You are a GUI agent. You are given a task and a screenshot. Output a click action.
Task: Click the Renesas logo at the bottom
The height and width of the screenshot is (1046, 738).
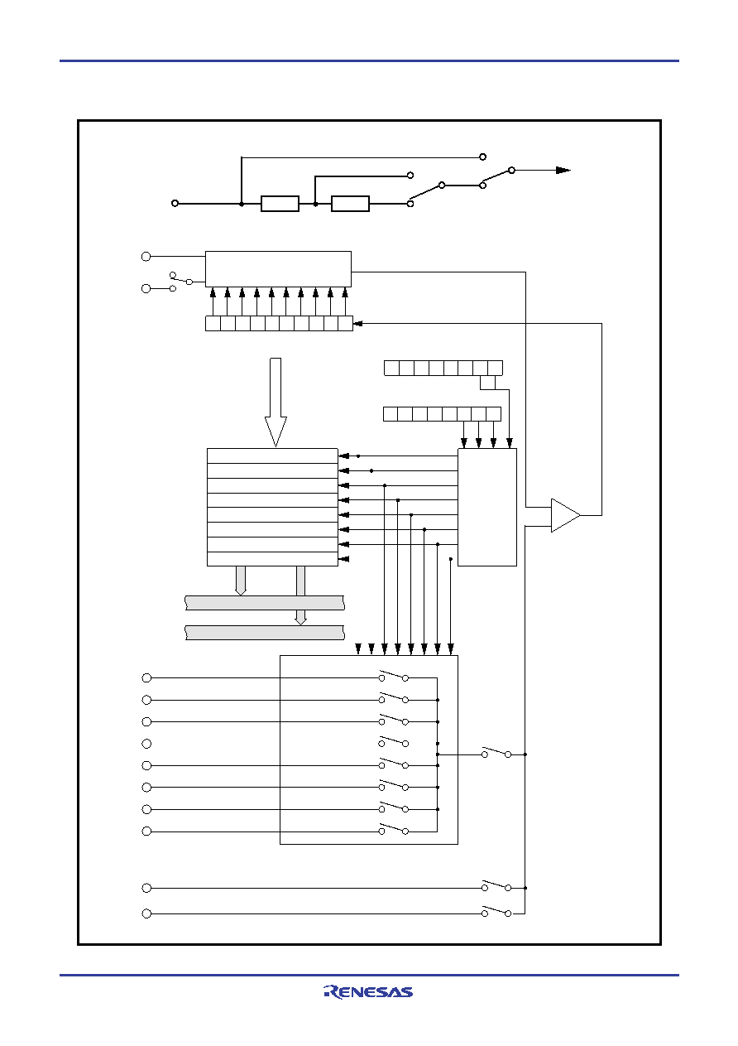point(368,991)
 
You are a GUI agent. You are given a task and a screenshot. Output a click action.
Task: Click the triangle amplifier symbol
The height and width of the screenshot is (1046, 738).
point(565,515)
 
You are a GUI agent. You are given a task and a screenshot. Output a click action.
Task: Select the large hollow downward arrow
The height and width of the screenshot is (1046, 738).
point(276,402)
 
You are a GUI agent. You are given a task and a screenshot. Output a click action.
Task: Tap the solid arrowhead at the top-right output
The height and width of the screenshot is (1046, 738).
point(563,171)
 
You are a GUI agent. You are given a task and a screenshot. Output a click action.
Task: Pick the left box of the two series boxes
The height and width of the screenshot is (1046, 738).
point(280,204)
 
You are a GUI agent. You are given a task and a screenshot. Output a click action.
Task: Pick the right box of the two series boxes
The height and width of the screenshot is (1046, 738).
point(350,204)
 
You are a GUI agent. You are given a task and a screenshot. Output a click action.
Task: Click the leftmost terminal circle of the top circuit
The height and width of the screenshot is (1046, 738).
point(175,203)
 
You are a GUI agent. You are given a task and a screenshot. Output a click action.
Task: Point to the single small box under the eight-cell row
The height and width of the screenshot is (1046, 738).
point(487,383)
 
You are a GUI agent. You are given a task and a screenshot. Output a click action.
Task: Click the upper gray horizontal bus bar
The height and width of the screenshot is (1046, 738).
point(265,603)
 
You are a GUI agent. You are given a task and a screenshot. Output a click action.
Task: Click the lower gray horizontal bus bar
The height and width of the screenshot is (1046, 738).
point(265,633)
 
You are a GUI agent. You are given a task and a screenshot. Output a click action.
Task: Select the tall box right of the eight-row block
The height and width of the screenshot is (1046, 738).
point(487,507)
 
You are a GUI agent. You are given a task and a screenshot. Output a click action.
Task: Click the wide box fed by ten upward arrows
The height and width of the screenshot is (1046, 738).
point(278,269)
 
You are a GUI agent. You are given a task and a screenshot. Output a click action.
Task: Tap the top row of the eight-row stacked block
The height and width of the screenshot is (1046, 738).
point(272,456)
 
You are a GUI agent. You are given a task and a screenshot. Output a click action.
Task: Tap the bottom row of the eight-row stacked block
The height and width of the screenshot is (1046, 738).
point(272,559)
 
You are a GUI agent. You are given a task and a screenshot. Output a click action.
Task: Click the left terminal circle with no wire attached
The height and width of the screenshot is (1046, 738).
point(146,744)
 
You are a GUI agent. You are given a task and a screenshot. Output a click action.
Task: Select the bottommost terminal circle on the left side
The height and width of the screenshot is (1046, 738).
point(146,913)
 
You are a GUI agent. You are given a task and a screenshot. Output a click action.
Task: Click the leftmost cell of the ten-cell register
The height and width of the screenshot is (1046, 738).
point(213,324)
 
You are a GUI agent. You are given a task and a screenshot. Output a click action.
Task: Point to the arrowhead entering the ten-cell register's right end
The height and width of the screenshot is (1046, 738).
point(357,323)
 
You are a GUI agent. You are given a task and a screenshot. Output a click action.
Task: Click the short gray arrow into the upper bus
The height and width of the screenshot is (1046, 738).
point(241,581)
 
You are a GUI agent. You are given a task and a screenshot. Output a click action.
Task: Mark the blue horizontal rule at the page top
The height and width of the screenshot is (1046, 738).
point(369,60)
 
